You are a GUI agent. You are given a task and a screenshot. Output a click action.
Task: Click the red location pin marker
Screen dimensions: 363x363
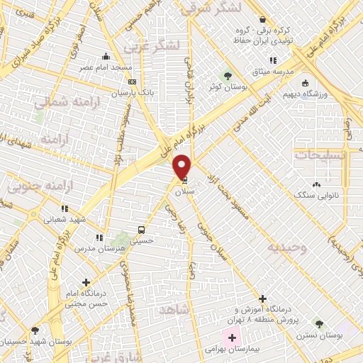pyautogui.click(x=182, y=167)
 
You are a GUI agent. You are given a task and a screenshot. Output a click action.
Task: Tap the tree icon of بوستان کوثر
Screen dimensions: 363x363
pyautogui.click(x=227, y=76)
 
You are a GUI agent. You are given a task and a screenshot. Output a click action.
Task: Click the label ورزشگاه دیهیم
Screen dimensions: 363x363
pyautogui.click(x=303, y=93)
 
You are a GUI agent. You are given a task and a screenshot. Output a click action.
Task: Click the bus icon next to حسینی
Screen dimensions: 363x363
pyautogui.click(x=142, y=230)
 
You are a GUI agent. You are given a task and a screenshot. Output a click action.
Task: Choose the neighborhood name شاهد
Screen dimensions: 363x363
pyautogui.click(x=173, y=311)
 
